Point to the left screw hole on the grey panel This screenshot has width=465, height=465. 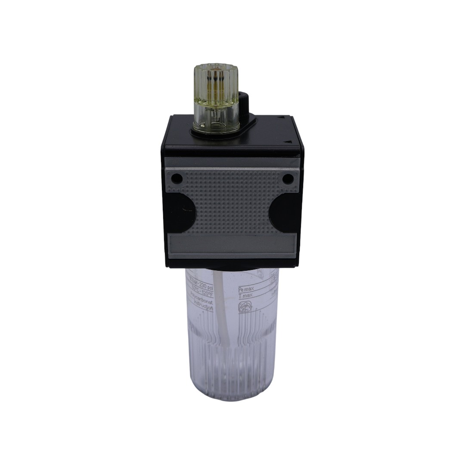[176, 178]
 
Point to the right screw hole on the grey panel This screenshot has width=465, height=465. [287, 178]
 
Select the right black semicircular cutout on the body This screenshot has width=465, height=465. [282, 211]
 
